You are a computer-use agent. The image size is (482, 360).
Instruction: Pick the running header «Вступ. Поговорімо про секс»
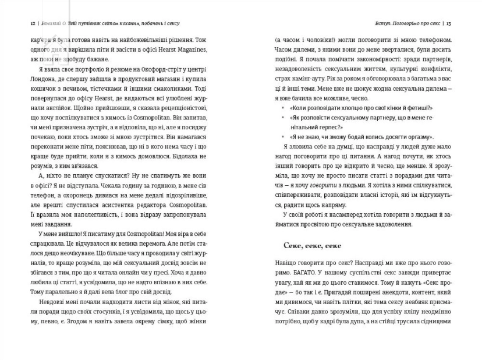point(403,23)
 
